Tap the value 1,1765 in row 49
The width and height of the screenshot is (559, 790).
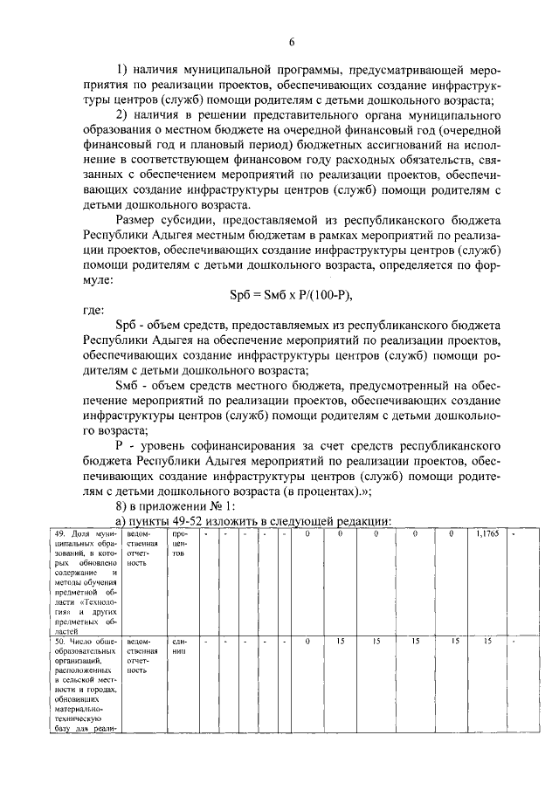pyautogui.click(x=487, y=533)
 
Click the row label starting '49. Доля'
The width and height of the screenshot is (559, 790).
pyautogui.click(x=85, y=580)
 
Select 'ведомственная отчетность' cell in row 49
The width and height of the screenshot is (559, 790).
pyautogui.click(x=142, y=548)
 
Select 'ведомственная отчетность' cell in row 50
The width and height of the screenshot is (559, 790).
pyautogui.click(x=142, y=656)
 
